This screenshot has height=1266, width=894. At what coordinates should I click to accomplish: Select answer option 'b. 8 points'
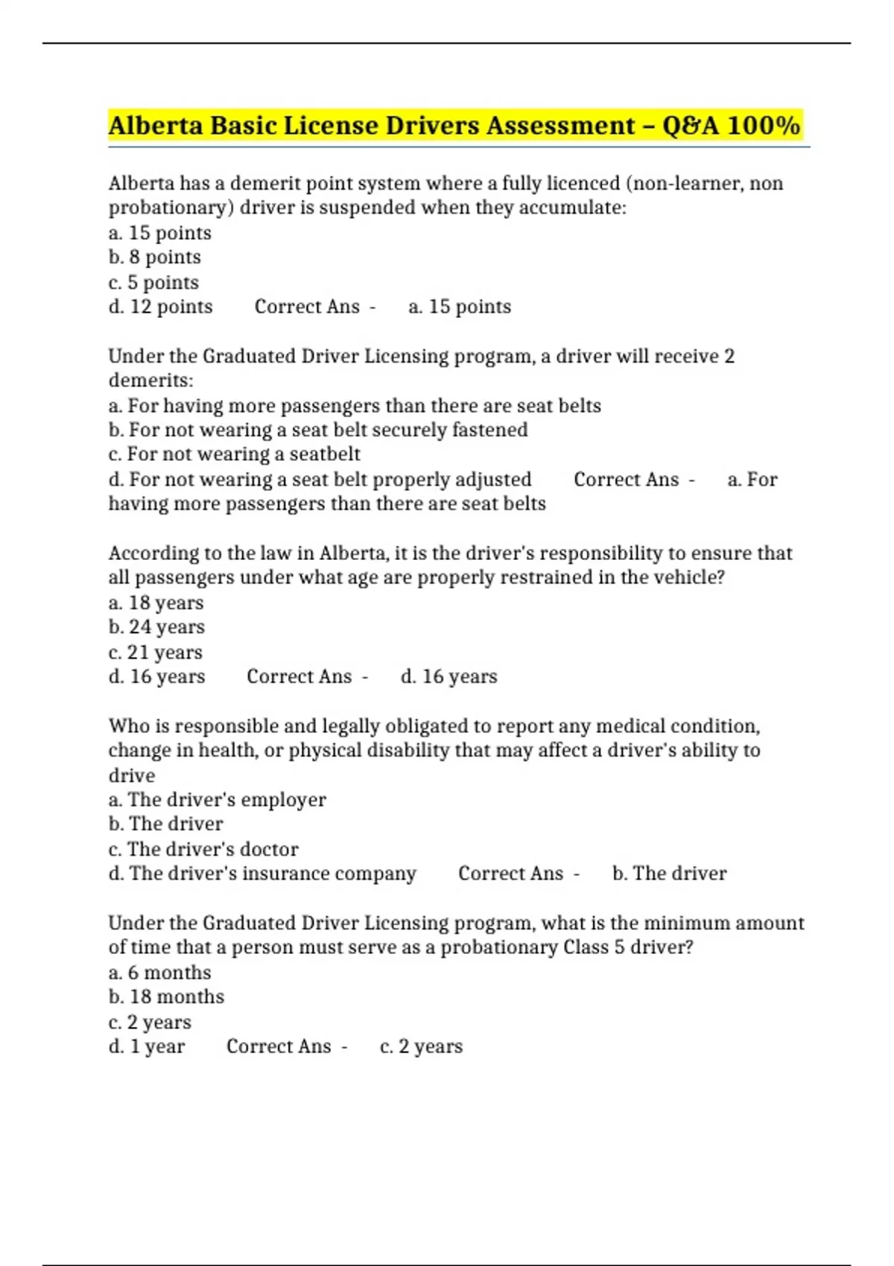(x=155, y=257)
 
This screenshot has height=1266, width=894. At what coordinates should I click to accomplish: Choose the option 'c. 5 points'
(x=153, y=282)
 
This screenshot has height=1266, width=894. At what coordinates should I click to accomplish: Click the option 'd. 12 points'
(x=160, y=307)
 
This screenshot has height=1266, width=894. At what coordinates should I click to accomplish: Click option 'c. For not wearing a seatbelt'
(x=234, y=454)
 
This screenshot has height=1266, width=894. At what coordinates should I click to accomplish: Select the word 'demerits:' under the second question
(x=150, y=381)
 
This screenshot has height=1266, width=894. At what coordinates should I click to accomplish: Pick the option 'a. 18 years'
(x=156, y=602)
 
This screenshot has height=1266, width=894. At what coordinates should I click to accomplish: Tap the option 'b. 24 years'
(x=156, y=627)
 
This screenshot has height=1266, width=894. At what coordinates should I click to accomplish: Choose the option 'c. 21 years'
(x=155, y=652)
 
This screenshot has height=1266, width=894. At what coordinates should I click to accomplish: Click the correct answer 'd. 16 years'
(x=448, y=676)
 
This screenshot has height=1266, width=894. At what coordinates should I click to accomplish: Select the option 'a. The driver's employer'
(x=217, y=800)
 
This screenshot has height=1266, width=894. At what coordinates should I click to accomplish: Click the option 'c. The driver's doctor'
(x=203, y=849)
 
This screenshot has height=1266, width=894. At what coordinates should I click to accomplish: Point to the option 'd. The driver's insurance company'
(x=262, y=874)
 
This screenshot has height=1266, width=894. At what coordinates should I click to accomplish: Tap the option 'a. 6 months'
(x=159, y=973)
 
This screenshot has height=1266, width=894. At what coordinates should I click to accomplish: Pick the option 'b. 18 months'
(x=166, y=997)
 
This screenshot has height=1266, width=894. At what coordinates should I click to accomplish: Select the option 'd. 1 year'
(x=146, y=1046)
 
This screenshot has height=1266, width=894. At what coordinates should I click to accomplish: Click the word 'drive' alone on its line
(x=132, y=775)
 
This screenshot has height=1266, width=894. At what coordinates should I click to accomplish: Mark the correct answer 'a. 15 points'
(x=460, y=307)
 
